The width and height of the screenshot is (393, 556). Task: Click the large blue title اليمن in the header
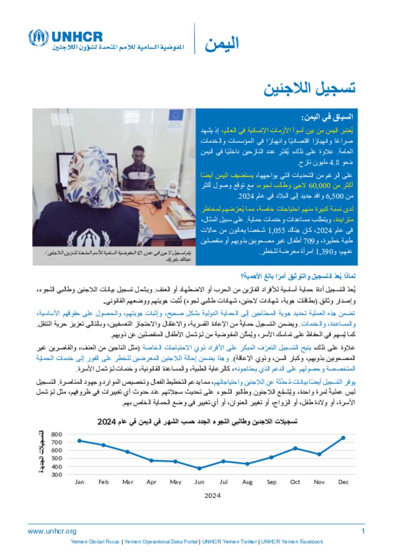pyautogui.click(x=221, y=43)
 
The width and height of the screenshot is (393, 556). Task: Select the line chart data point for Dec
pyautogui.click(x=343, y=438)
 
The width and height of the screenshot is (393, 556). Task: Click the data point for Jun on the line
pyautogui.click(x=199, y=469)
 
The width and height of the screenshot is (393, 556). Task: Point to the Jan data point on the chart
pyautogui.click(x=79, y=441)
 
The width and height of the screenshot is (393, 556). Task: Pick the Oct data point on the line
pyautogui.click(x=295, y=448)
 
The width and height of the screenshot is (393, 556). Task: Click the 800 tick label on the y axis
pyautogui.click(x=56, y=434)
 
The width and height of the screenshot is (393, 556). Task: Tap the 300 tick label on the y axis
pyautogui.click(x=56, y=475)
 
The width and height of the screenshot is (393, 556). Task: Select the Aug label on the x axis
pyautogui.click(x=247, y=482)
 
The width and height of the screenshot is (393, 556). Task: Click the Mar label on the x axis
pyautogui.click(x=127, y=482)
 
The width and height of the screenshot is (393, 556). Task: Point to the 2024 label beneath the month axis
pyautogui.click(x=212, y=496)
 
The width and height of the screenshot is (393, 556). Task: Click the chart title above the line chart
pyautogui.click(x=197, y=422)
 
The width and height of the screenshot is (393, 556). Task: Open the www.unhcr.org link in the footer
pyautogui.click(x=52, y=531)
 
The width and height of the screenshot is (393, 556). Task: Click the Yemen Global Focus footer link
pyautogui.click(x=95, y=542)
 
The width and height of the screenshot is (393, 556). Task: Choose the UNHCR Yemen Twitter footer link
pyautogui.click(x=230, y=542)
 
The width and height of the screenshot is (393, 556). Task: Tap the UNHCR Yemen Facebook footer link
pyautogui.click(x=292, y=542)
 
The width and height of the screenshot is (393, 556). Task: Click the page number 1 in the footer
pyautogui.click(x=363, y=531)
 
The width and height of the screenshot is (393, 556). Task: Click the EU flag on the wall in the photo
pyautogui.click(x=176, y=115)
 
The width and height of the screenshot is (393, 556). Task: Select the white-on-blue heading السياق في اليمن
pyautogui.click(x=327, y=117)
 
